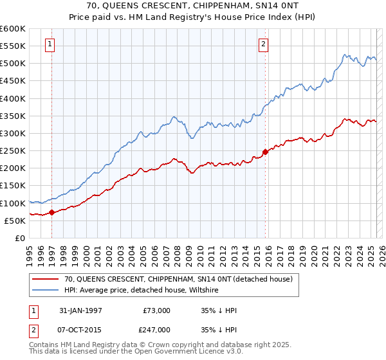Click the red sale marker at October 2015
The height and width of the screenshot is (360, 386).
point(264,152)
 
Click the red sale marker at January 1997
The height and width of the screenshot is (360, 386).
point(52,213)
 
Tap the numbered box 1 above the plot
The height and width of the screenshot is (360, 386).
point(50,44)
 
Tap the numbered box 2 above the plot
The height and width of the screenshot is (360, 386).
point(263,44)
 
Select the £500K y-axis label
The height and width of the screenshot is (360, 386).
point(13,63)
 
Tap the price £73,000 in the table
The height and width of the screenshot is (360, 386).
point(156,310)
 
